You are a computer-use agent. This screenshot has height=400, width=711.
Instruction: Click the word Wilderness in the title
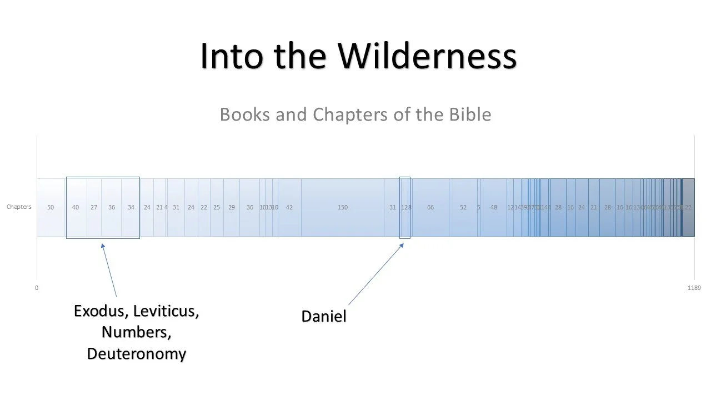pyautogui.click(x=428, y=56)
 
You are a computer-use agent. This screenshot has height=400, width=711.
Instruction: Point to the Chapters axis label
pyautogui.click(x=19, y=207)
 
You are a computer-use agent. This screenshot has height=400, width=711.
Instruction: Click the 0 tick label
pyautogui.click(x=37, y=288)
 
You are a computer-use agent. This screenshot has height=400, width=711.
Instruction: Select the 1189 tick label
pyautogui.click(x=694, y=288)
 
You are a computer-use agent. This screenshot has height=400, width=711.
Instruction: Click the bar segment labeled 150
pyautogui.click(x=343, y=207)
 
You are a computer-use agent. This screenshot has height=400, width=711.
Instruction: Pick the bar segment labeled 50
pyautogui.click(x=51, y=207)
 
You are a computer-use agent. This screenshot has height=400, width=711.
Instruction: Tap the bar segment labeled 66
pyautogui.click(x=430, y=207)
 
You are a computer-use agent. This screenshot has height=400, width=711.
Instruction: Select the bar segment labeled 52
pyautogui.click(x=463, y=207)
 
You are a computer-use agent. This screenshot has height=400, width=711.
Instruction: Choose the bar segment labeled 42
pyautogui.click(x=289, y=207)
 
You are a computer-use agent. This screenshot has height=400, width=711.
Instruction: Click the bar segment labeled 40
pyautogui.click(x=76, y=207)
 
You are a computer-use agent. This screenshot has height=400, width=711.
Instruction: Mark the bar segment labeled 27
pyautogui.click(x=94, y=207)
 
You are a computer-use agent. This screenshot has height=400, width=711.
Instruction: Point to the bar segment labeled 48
pyautogui.click(x=494, y=207)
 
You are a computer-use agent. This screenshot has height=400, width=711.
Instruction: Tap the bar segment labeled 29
pyautogui.click(x=232, y=207)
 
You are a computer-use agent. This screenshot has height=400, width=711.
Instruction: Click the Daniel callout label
pyautogui.click(x=323, y=317)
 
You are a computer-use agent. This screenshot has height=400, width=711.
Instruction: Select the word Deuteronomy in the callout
pyautogui.click(x=137, y=354)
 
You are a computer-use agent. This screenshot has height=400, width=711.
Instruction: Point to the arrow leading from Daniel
pyautogui.click(x=375, y=274)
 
